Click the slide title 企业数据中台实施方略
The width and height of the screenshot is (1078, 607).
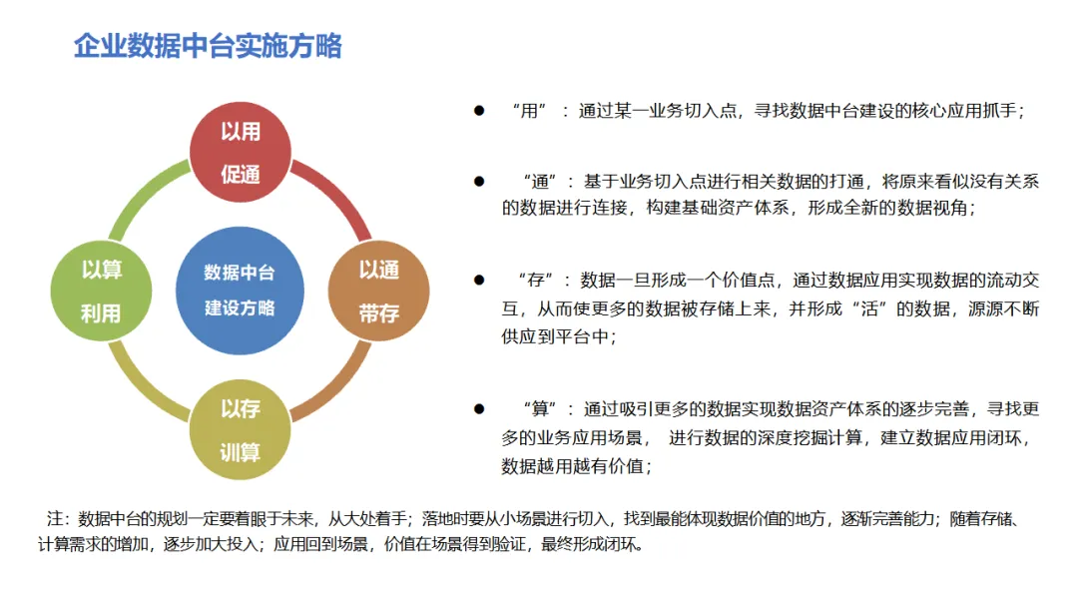[x=208, y=46]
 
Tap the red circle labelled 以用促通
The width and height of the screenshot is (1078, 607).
[x=240, y=152]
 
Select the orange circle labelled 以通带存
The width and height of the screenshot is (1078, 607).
[x=378, y=292]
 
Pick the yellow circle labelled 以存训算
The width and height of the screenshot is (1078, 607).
[x=240, y=430]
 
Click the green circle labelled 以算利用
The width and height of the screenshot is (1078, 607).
[x=101, y=292]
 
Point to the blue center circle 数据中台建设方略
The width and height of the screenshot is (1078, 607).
[x=240, y=292]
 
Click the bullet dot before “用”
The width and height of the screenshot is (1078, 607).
[x=479, y=111]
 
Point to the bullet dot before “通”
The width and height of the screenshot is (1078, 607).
[x=479, y=181]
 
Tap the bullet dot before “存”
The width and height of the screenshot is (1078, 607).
[x=479, y=280]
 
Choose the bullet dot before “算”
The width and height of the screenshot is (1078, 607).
[x=479, y=409]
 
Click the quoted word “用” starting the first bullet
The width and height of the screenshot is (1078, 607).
[x=529, y=111]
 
